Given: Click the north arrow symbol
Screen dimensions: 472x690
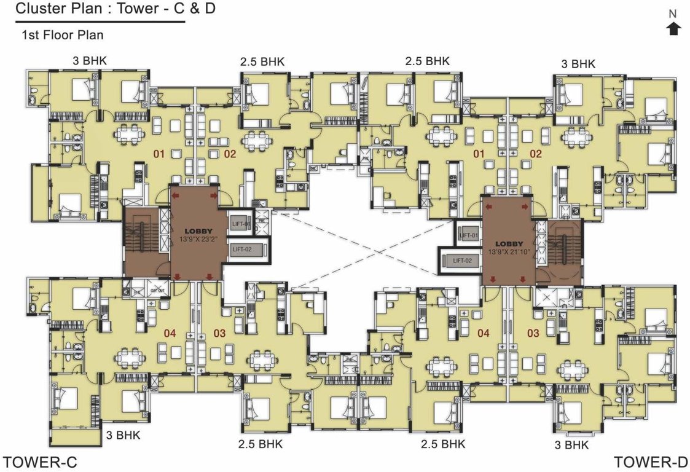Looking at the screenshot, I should (x=673, y=28).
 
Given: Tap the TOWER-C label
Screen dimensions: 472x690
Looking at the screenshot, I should (x=41, y=462).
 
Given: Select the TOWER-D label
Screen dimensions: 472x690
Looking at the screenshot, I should (x=651, y=462).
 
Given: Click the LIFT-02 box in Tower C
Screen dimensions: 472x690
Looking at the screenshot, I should (x=245, y=250).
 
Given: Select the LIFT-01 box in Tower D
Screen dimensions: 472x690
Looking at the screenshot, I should (x=468, y=235).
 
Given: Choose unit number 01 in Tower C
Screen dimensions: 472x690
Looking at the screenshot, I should (x=159, y=154).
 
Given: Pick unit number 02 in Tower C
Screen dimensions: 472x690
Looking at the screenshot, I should (x=230, y=154).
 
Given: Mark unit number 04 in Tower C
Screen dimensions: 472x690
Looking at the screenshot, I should (x=170, y=333).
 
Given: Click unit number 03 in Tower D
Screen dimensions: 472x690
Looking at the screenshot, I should (x=533, y=333).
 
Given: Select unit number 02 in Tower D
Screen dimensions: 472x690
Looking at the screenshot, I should (x=536, y=154).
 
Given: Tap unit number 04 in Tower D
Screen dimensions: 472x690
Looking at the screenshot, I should (x=484, y=333).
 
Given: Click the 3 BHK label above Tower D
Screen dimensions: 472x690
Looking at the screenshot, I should (x=578, y=63).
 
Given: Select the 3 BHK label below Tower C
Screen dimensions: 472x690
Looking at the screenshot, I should (x=123, y=435).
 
